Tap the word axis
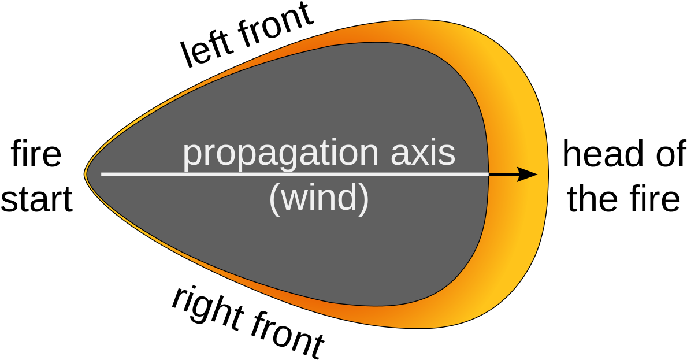click(423, 154)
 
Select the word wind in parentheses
click(319, 198)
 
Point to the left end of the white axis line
click(102, 173)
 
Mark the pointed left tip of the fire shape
click(86, 173)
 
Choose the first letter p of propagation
click(193, 157)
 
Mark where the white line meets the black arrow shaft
click(489, 174)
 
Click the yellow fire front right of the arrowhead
click(543, 174)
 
